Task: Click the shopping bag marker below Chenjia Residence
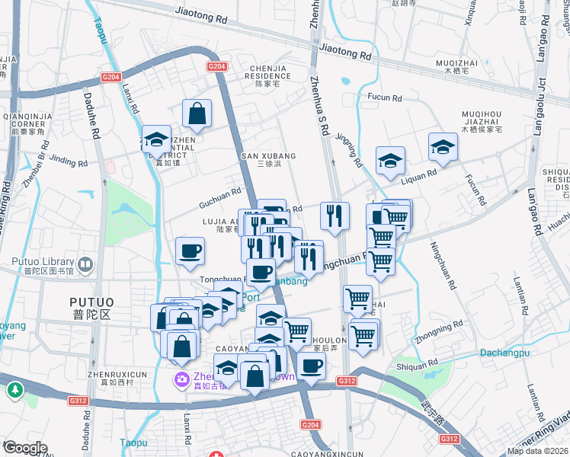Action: click(197, 114)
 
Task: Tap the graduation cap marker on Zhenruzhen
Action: click(156, 139)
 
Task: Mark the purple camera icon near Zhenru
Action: click(181, 379)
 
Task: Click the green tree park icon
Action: click(14, 390)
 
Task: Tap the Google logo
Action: click(25, 447)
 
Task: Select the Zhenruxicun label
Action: click(117, 374)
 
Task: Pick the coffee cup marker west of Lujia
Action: click(190, 251)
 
